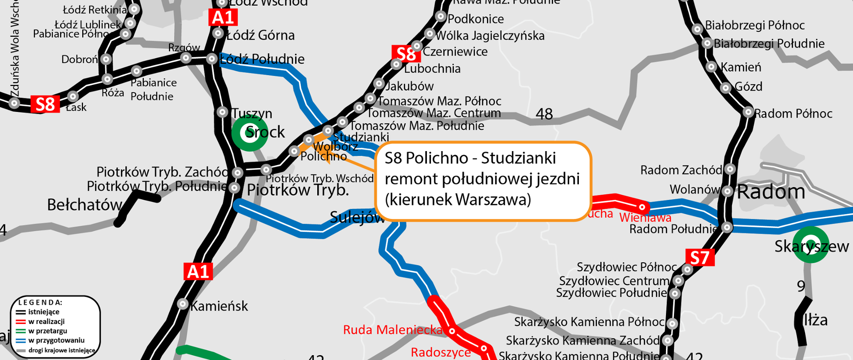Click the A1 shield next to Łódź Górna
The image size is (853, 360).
[x=223, y=17]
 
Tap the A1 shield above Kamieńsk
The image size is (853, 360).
[x=198, y=271]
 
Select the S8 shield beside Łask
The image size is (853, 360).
[x=45, y=104]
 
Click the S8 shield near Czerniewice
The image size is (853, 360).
[x=406, y=54]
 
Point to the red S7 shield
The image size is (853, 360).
[x=700, y=258]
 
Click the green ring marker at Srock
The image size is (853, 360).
[x=250, y=132]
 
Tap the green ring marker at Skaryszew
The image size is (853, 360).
[x=811, y=244]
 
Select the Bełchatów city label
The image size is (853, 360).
[x=84, y=205]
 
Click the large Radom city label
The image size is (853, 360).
[x=771, y=192]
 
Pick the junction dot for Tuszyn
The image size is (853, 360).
[x=223, y=112]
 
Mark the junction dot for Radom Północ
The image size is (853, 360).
[x=748, y=112]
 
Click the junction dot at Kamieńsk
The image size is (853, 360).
[x=183, y=304]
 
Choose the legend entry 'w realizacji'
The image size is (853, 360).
[x=46, y=321]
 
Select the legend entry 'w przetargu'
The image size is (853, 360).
[x=48, y=331]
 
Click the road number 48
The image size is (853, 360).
[x=544, y=114]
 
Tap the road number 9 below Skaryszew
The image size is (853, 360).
[x=801, y=286]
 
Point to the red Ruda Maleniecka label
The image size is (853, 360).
[x=393, y=330]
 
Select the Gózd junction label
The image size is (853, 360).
[x=749, y=86]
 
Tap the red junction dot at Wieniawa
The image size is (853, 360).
[x=642, y=207]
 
